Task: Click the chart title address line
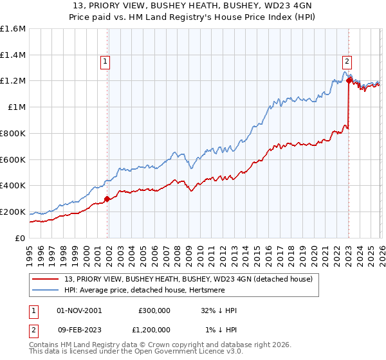[193, 6]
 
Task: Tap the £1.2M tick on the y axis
[13, 81]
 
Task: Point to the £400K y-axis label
[13, 186]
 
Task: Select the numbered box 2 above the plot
[347, 62]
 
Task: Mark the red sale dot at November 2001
[107, 199]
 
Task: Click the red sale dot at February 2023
[348, 81]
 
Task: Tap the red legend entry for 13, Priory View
[188, 278]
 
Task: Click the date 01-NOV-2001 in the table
[78, 310]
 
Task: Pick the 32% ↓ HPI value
[218, 310]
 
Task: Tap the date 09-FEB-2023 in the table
[78, 329]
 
